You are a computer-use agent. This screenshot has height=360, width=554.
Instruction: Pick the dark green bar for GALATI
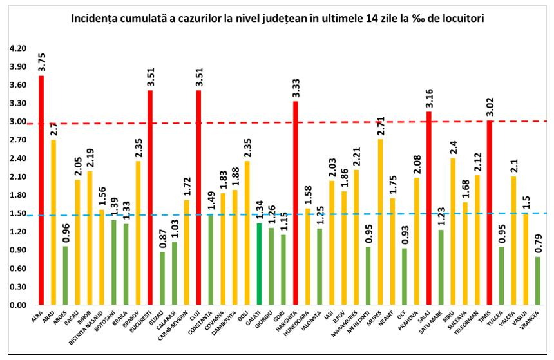pos(259,263)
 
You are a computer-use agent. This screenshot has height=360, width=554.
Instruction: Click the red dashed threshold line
pos(322,122)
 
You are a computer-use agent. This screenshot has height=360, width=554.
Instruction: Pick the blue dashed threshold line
pos(322,214)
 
